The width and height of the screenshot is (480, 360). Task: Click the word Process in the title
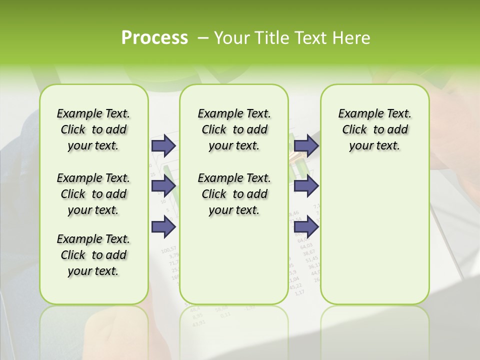(154, 38)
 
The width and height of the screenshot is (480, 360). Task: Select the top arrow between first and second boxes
(163, 145)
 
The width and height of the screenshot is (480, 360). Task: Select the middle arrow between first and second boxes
(163, 186)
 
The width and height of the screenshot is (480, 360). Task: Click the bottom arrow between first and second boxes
(163, 227)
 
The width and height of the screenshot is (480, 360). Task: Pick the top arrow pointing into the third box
(306, 145)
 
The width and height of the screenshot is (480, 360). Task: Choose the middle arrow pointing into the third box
(306, 186)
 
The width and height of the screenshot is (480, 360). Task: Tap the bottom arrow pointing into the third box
(306, 227)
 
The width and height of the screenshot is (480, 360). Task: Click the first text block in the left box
(93, 129)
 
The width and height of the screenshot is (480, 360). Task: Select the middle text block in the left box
(93, 194)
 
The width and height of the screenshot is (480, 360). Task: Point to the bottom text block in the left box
(93, 255)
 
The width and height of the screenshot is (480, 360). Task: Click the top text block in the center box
(234, 129)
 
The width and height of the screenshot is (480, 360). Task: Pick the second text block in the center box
(234, 194)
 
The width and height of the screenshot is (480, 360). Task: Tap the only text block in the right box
(374, 129)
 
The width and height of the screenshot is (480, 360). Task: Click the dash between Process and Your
(201, 38)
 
